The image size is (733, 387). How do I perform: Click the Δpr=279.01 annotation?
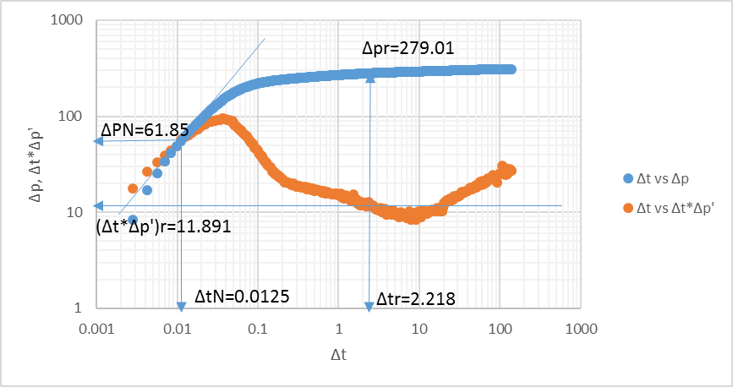[408, 49]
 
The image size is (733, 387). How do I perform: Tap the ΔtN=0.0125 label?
[242, 297]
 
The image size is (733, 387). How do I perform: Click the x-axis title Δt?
[340, 355]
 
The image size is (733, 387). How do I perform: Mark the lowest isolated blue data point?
[133, 220]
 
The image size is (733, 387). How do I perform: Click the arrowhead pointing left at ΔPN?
[98, 141]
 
